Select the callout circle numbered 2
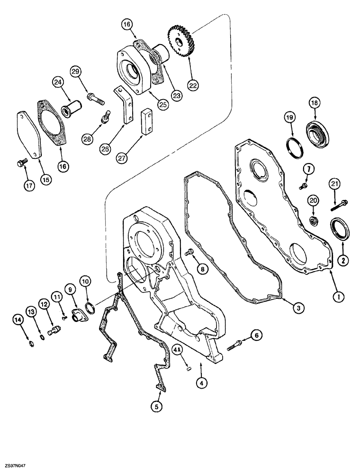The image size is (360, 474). tap(341, 259)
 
